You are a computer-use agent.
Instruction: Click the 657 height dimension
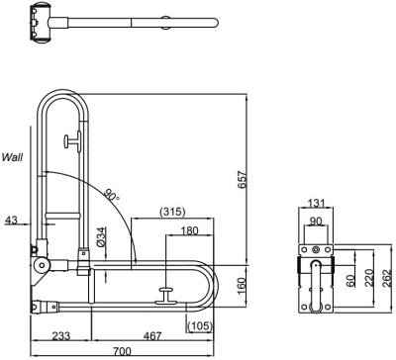[243, 179]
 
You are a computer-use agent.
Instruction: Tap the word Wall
[12, 157]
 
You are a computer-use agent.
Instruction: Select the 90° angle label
[112, 195]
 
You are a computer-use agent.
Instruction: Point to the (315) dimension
[172, 212]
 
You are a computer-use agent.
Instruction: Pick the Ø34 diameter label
[101, 237]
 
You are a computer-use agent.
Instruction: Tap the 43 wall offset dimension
[12, 220]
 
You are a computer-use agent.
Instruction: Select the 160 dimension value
[242, 286]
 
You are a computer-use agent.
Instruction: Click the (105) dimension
[199, 326]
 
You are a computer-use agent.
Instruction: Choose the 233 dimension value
[61, 336]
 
